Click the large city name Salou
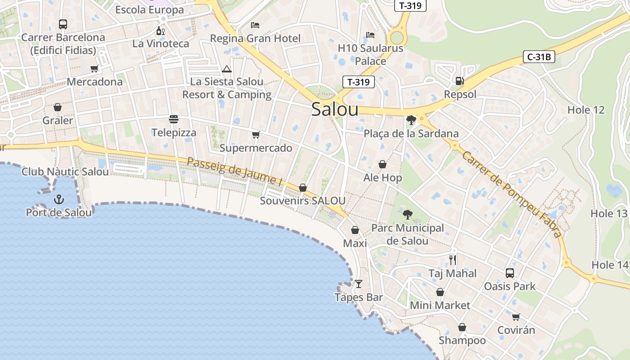point(335,109)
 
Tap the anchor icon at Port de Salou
point(58,199)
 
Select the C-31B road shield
point(539,57)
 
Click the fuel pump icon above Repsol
point(459,81)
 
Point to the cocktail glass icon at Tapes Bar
point(359,283)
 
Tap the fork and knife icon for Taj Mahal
point(453,260)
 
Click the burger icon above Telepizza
point(174,119)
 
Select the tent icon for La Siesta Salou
point(226,69)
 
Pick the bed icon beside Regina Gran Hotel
point(255,25)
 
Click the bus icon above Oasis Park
point(510,273)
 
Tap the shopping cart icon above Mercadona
point(94,68)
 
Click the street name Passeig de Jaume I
point(234,171)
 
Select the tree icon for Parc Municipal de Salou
point(408,215)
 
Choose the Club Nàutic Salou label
point(65,171)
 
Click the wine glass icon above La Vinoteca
point(160,31)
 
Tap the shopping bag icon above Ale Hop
point(382,164)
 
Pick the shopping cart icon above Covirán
point(516,317)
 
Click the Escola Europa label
point(149,9)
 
